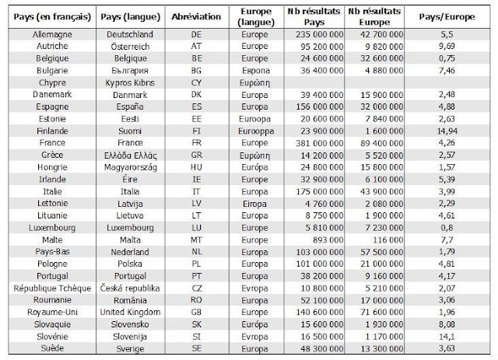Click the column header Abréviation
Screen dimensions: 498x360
196,17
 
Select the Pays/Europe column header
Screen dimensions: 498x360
447,17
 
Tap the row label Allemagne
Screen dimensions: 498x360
52,35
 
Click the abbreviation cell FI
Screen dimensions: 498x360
196,131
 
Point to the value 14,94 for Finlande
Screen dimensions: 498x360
447,131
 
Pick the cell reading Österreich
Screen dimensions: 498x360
130,47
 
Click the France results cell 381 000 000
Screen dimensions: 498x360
320,143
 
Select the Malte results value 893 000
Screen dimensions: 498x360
328,240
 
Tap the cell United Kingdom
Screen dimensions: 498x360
130,313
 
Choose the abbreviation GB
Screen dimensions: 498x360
196,313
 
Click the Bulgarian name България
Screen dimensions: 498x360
130,71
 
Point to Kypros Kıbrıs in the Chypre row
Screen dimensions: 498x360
130,83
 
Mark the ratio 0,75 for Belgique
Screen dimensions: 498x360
447,58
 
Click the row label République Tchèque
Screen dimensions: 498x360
52,288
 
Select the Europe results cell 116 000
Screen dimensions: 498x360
388,240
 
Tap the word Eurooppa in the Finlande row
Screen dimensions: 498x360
256,131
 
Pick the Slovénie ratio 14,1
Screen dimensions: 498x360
447,337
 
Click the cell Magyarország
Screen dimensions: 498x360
130,168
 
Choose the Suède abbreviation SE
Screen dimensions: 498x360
196,348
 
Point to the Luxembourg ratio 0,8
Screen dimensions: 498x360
447,228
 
